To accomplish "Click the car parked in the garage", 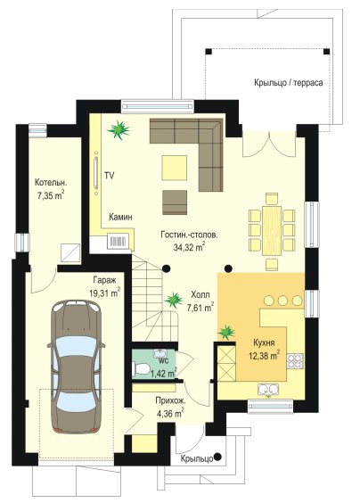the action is [x=76, y=367].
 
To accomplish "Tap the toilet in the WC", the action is [x=140, y=368].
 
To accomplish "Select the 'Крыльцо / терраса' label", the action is [x=289, y=82].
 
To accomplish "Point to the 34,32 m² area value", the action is [x=188, y=247].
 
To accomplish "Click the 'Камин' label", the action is [x=120, y=218].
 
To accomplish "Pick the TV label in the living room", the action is [x=110, y=176].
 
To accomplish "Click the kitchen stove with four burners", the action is [x=295, y=360].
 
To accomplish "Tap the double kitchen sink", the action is [x=268, y=390].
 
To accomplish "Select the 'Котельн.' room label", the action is [x=51, y=183].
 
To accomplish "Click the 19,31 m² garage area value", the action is [x=105, y=293].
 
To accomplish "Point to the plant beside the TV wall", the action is [x=119, y=130].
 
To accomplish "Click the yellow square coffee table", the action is [x=175, y=168].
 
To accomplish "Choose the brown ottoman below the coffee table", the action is [x=175, y=202].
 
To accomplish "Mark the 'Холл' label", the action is [x=200, y=294].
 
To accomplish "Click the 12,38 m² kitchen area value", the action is [x=265, y=356].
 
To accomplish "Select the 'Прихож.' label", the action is [x=170, y=400].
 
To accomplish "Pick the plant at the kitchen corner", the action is [x=226, y=332].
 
